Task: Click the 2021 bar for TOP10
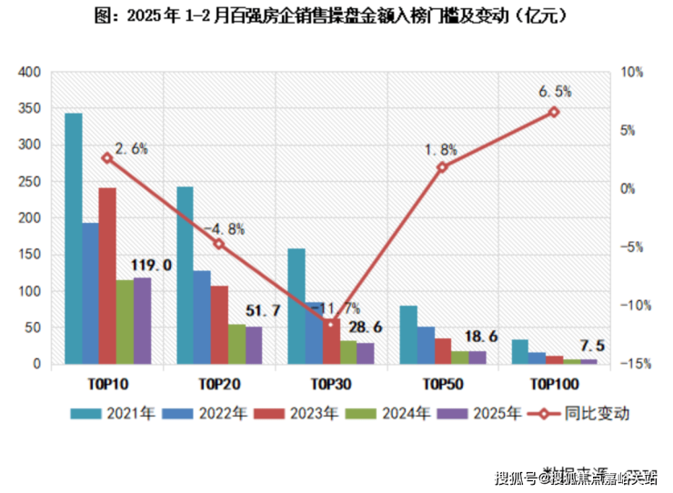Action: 73,238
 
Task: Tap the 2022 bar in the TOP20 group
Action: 201,317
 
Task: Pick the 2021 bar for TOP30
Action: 296,307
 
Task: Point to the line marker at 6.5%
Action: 553,112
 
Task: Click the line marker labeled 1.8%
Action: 442,167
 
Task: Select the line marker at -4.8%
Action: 218,244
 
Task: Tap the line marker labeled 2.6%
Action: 106,157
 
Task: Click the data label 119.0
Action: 151,266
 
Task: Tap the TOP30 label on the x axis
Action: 329,383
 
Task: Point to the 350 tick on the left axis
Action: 30,108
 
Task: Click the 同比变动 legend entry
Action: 591,413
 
